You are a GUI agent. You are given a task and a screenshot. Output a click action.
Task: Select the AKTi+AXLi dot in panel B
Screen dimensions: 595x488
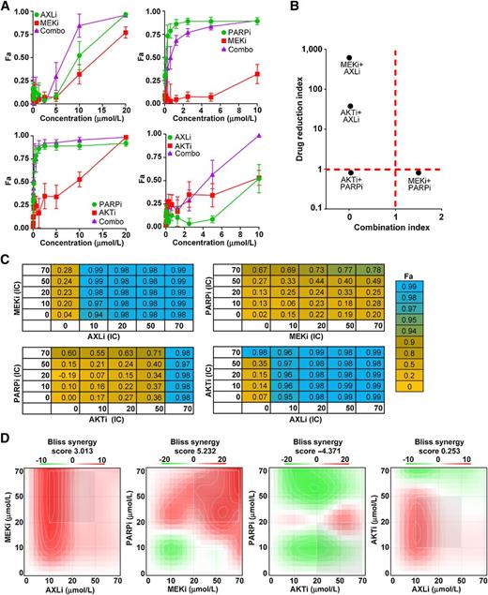[x=350, y=107]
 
